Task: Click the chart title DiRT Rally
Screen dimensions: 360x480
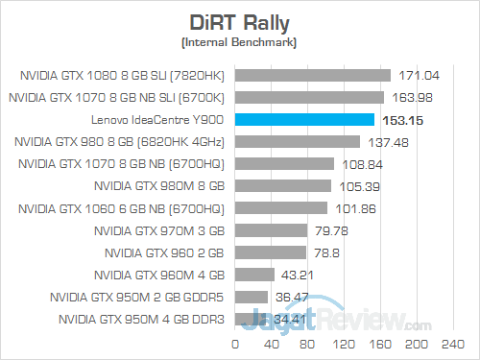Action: click(x=238, y=22)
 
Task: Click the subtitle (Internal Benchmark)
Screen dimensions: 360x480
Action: click(x=238, y=42)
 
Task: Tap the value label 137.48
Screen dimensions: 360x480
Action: click(x=386, y=142)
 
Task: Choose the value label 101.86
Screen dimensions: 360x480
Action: click(x=352, y=208)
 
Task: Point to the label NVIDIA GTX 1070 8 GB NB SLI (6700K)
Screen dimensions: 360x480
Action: click(x=116, y=97)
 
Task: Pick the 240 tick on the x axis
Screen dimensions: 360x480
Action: click(x=447, y=341)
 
